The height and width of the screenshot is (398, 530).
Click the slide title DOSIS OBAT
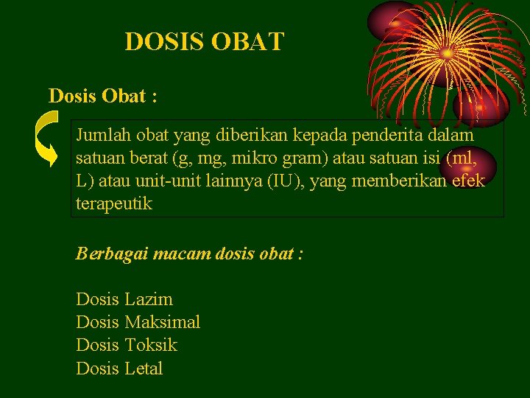click(204, 41)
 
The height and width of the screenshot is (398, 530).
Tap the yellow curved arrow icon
click(48, 139)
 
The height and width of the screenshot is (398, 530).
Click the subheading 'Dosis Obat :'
click(102, 96)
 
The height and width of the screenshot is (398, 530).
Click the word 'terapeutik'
click(114, 204)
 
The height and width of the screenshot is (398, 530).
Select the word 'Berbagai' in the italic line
click(110, 254)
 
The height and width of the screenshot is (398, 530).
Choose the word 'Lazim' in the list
click(149, 299)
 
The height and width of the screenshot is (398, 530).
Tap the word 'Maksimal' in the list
click(163, 322)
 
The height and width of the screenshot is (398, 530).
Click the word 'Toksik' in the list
click(151, 345)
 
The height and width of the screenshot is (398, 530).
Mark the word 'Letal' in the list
click(144, 368)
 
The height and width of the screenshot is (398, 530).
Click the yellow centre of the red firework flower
click(447, 53)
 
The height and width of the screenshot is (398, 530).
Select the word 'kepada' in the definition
click(305, 136)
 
